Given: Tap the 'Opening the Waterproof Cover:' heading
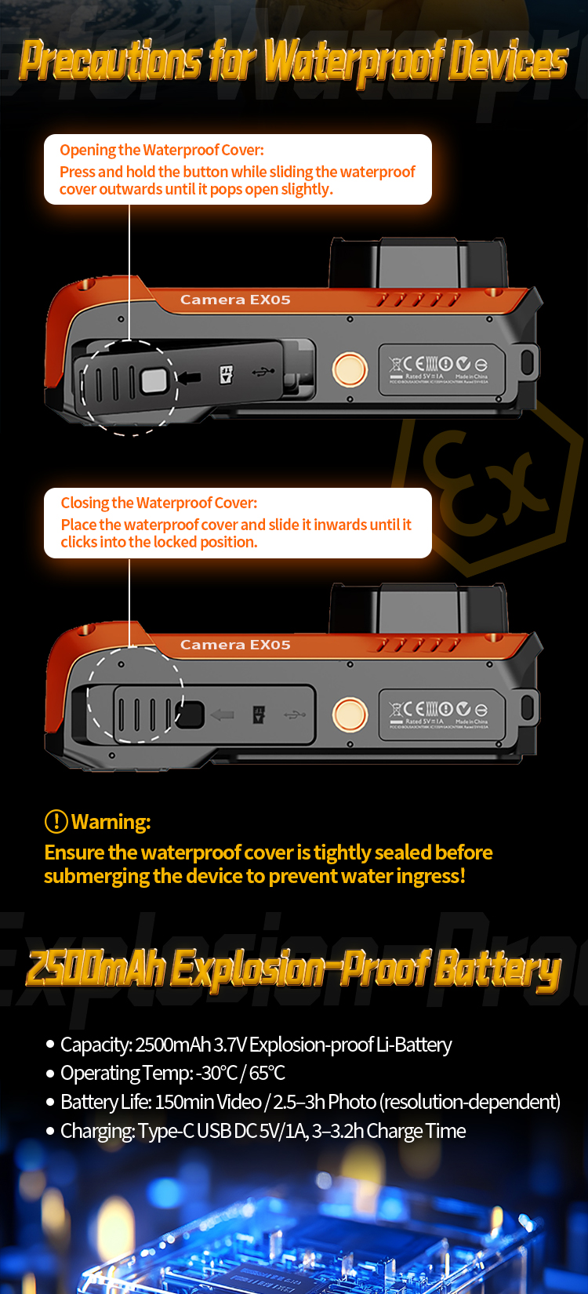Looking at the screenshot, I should (162, 150).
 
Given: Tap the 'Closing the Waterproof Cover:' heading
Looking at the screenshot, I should (158, 503).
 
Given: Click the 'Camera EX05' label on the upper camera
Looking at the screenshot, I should (235, 300).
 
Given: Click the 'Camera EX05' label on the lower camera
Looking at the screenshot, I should (235, 645).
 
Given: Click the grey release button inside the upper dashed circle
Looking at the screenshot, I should (154, 381).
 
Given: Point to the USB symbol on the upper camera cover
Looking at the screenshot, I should (263, 372).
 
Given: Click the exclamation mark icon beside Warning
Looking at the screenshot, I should (56, 821).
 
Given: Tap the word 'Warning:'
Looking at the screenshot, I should (111, 822).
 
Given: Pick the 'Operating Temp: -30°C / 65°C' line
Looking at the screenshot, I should (172, 1073).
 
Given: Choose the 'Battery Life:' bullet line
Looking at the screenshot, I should (310, 1102).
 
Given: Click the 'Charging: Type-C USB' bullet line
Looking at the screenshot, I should (263, 1131).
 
